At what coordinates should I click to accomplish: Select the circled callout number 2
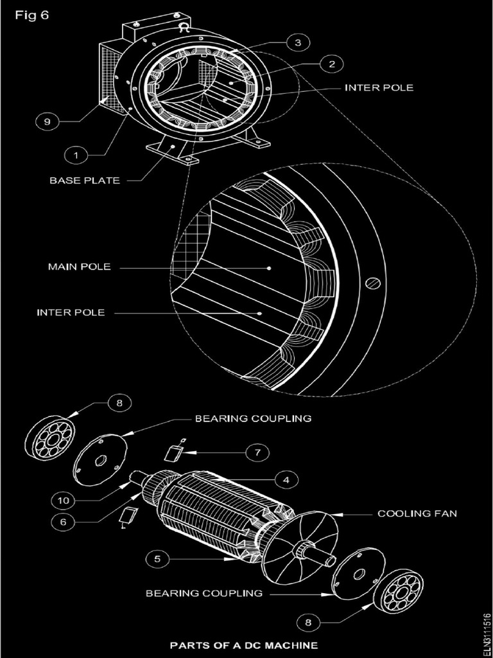tap(331, 64)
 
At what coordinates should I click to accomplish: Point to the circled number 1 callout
tap(76, 155)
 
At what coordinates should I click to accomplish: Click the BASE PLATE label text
tap(85, 181)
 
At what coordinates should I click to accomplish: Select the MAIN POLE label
tap(79, 267)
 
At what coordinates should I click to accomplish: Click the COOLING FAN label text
tap(417, 513)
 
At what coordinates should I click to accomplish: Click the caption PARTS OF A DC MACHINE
tap(243, 645)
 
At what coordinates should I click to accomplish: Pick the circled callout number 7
tap(256, 452)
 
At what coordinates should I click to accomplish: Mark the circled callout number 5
tap(158, 559)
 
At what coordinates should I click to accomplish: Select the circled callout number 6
tap(63, 522)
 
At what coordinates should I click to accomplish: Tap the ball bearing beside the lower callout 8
tap(397, 589)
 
